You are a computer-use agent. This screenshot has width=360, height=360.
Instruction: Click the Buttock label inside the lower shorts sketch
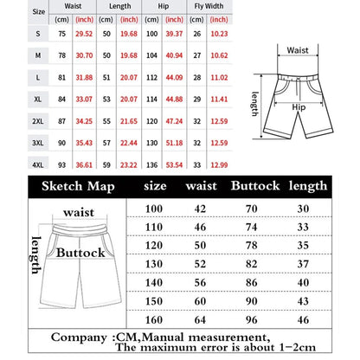tap(80, 253)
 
